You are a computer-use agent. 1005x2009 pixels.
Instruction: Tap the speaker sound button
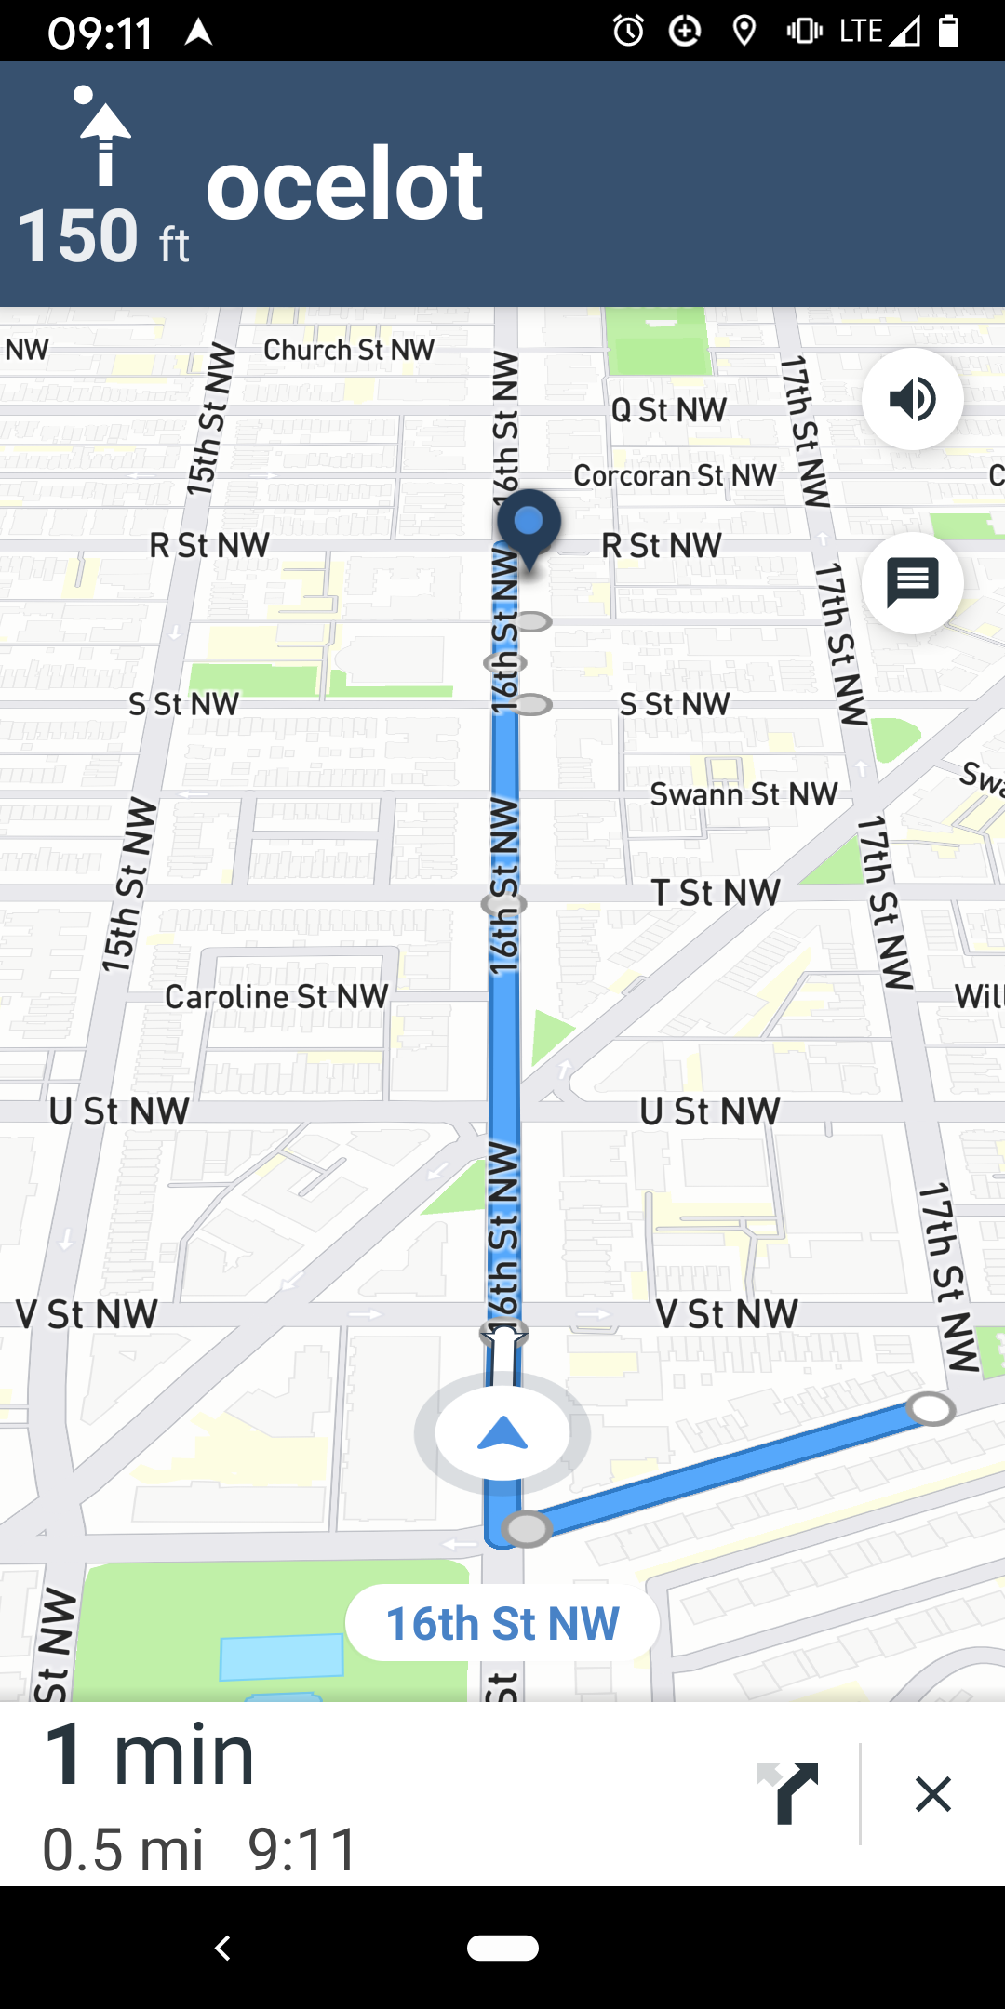click(x=912, y=399)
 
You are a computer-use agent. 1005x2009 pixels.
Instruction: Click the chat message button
click(x=912, y=583)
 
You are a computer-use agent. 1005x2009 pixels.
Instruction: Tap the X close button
click(x=932, y=1794)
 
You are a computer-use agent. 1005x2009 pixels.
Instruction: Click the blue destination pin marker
click(x=529, y=524)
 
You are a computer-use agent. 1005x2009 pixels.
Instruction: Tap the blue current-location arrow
click(x=502, y=1434)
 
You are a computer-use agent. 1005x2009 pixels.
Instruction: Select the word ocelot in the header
click(x=344, y=186)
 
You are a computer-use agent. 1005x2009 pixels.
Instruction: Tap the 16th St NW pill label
click(x=502, y=1624)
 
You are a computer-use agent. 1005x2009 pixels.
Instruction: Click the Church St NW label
click(x=349, y=350)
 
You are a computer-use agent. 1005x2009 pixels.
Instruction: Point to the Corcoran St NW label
click(x=675, y=475)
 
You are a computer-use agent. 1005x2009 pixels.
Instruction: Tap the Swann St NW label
click(x=744, y=794)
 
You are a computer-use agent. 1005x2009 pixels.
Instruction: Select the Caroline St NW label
click(x=276, y=997)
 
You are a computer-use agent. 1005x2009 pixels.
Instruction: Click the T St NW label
click(x=715, y=893)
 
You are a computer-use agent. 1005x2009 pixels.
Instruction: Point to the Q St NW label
click(x=668, y=409)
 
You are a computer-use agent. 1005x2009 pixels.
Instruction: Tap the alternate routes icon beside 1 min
click(x=787, y=1793)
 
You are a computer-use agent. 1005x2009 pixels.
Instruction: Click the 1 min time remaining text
click(x=149, y=1756)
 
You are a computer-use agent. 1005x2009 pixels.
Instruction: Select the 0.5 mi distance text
click(x=123, y=1849)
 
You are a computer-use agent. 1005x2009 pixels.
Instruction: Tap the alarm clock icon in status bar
click(x=628, y=31)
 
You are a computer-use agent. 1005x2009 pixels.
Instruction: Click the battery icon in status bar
click(x=948, y=31)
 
